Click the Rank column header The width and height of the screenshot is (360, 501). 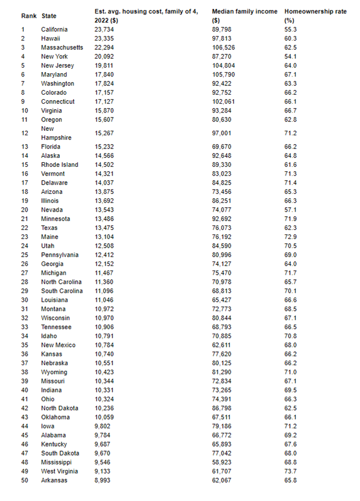pos(28,16)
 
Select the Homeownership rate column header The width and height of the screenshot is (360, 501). pos(315,11)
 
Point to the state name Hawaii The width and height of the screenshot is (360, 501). pos(52,38)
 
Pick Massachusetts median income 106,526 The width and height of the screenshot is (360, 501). pos(224,47)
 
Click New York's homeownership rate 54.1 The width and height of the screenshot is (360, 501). pos(291,57)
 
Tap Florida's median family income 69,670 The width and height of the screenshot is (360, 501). pos(223,146)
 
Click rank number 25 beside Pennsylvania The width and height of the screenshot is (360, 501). pos(25,255)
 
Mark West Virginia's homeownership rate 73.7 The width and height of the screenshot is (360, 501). pos(291,471)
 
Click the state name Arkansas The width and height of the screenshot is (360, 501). pos(54,480)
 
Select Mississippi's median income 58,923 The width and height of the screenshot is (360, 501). pos(223,462)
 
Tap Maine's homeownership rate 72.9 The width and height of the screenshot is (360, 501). pos(291,237)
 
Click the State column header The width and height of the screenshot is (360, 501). pos(49,16)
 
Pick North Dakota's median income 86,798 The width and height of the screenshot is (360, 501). pos(223,408)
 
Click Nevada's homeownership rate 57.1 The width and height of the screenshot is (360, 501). pos(291,209)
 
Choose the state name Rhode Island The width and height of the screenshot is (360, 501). pos(60,165)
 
